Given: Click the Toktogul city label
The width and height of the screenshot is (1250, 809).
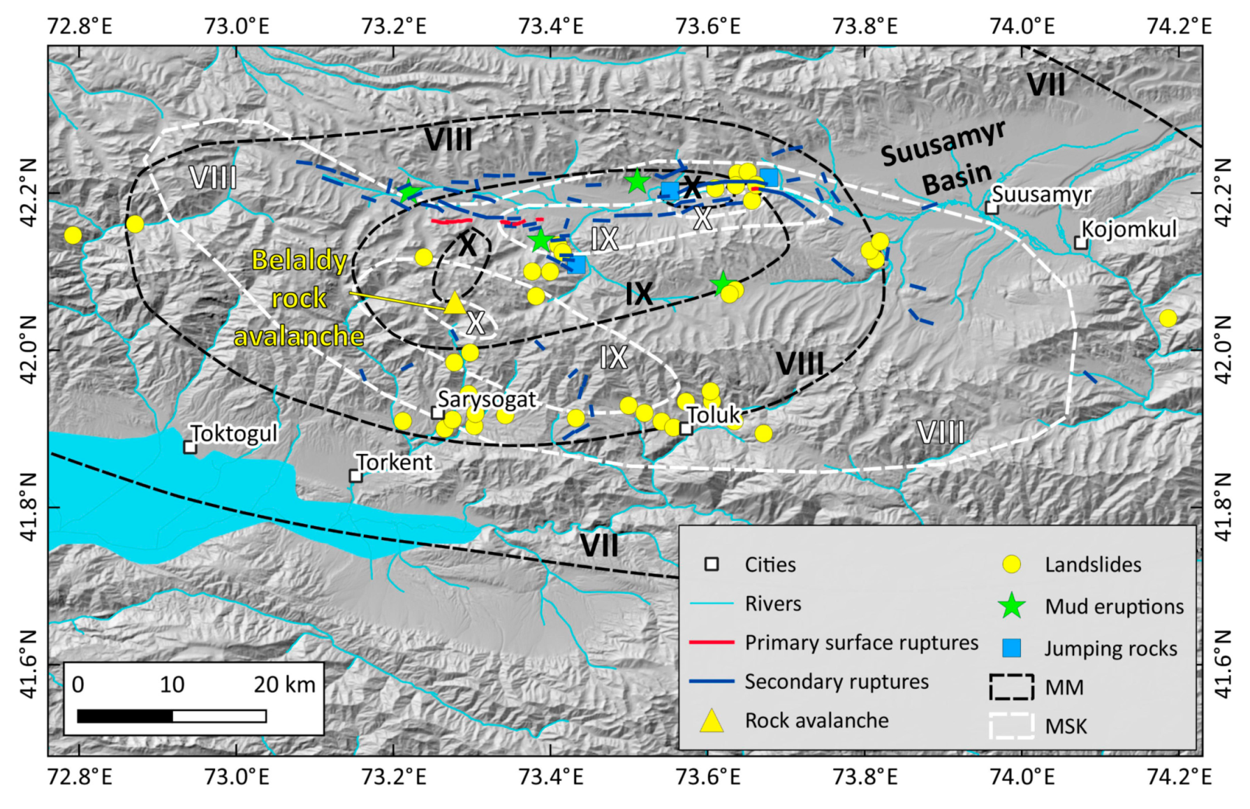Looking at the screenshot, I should click(x=234, y=434).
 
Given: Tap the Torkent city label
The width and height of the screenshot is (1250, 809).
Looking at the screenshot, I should click(x=395, y=462).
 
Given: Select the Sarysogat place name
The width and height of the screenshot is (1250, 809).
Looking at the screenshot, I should click(x=487, y=399).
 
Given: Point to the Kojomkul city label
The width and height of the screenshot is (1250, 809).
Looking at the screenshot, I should click(x=1128, y=229).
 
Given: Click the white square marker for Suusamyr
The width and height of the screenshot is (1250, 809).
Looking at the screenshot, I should click(x=992, y=207).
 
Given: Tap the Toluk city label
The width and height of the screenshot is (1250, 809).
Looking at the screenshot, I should click(x=712, y=415).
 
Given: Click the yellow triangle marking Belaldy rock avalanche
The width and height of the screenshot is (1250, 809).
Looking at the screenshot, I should click(x=455, y=303).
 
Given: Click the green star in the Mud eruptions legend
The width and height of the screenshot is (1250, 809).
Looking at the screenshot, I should click(x=1011, y=606).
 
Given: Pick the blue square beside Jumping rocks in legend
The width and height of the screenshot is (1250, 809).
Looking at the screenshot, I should click(x=1011, y=648).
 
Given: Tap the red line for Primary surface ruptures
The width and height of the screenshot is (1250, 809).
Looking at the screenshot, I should click(x=712, y=642).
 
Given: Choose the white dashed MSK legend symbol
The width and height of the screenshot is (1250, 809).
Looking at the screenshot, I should click(x=1011, y=726).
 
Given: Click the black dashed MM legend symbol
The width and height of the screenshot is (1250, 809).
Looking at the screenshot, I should click(x=1011, y=687).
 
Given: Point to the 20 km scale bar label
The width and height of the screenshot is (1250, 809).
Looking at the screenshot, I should click(x=284, y=684).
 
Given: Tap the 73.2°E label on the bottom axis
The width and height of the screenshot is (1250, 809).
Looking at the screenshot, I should click(x=394, y=776).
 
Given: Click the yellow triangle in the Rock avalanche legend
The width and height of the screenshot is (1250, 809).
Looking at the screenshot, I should click(x=712, y=720).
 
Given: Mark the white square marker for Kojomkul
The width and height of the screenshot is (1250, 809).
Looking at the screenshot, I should click(x=1080, y=243).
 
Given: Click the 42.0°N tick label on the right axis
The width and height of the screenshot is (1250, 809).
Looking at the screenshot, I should click(x=1223, y=349).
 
